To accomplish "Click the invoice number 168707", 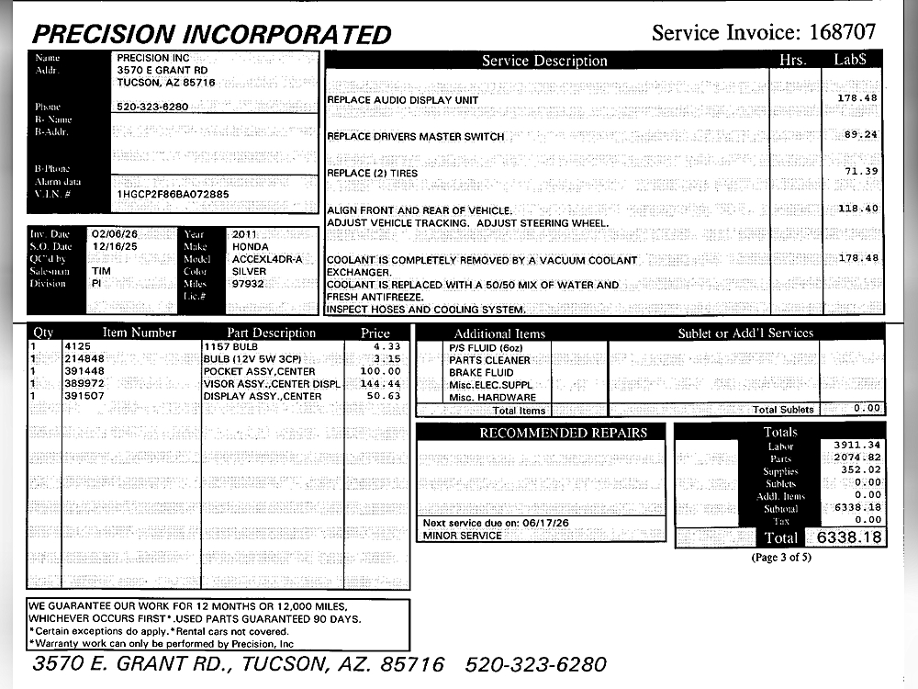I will coord(842,33).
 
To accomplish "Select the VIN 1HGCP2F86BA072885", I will coord(174,195).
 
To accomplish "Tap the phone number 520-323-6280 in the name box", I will coord(152,107).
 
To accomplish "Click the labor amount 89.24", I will coord(860,134).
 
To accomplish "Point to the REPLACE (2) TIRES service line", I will coord(372,173).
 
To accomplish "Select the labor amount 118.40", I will coord(858,209).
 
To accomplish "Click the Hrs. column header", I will coord(790,61).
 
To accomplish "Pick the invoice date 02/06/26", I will coord(114,234).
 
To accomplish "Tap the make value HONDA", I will coord(251,247).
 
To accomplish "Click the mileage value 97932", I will coord(248,284).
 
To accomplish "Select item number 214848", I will coord(84,358).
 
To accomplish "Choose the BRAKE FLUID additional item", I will coord(481,373).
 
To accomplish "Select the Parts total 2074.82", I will coord(857,457).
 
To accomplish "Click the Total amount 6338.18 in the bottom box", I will coord(845,537).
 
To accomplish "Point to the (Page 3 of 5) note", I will coord(781,558).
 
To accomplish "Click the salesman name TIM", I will coord(101,272).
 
